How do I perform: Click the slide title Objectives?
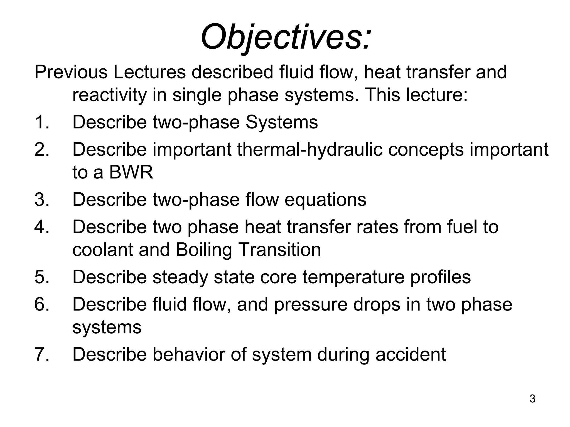pos(286,37)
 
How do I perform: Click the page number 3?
pos(532,399)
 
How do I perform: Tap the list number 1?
pos(42,122)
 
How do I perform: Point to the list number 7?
pos(42,354)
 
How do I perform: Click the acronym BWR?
pos(131,172)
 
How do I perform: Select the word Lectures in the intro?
pos(149,72)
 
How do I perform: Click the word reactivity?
pos(109,95)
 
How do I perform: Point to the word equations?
pos(325,200)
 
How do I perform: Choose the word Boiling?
pos(204,250)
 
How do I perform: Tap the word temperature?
pos(353,277)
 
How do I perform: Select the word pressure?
pos(311,305)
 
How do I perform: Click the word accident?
pos(411,354)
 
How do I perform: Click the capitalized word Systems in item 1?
pos(281,122)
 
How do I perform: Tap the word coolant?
pos(103,250)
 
